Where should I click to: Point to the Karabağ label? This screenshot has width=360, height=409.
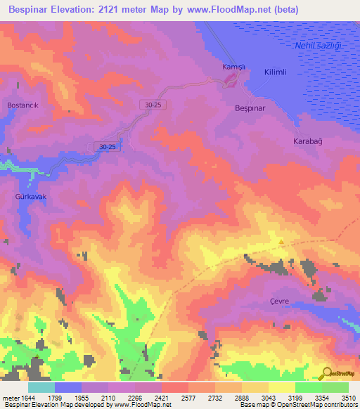[x=307, y=141]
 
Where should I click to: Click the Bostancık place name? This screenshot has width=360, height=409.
[x=22, y=105]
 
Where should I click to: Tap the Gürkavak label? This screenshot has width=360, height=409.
[x=30, y=197]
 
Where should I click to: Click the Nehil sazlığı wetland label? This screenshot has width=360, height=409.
[x=314, y=45]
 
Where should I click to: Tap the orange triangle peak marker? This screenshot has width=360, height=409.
[x=282, y=242]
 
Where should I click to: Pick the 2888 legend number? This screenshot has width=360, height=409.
[x=241, y=397]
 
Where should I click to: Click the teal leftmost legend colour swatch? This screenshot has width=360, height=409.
[x=41, y=387]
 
